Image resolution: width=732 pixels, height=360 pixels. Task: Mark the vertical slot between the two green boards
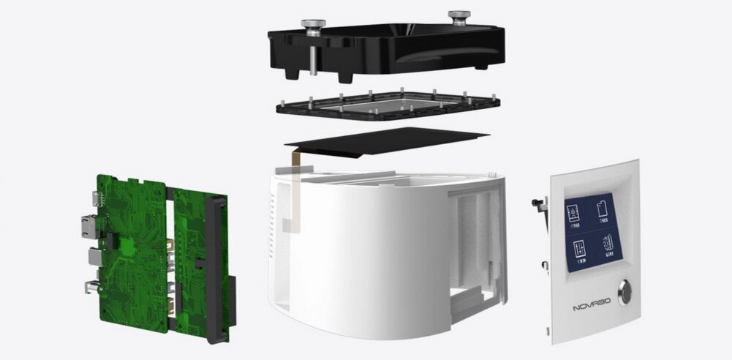pyautogui.click(x=170, y=249)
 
